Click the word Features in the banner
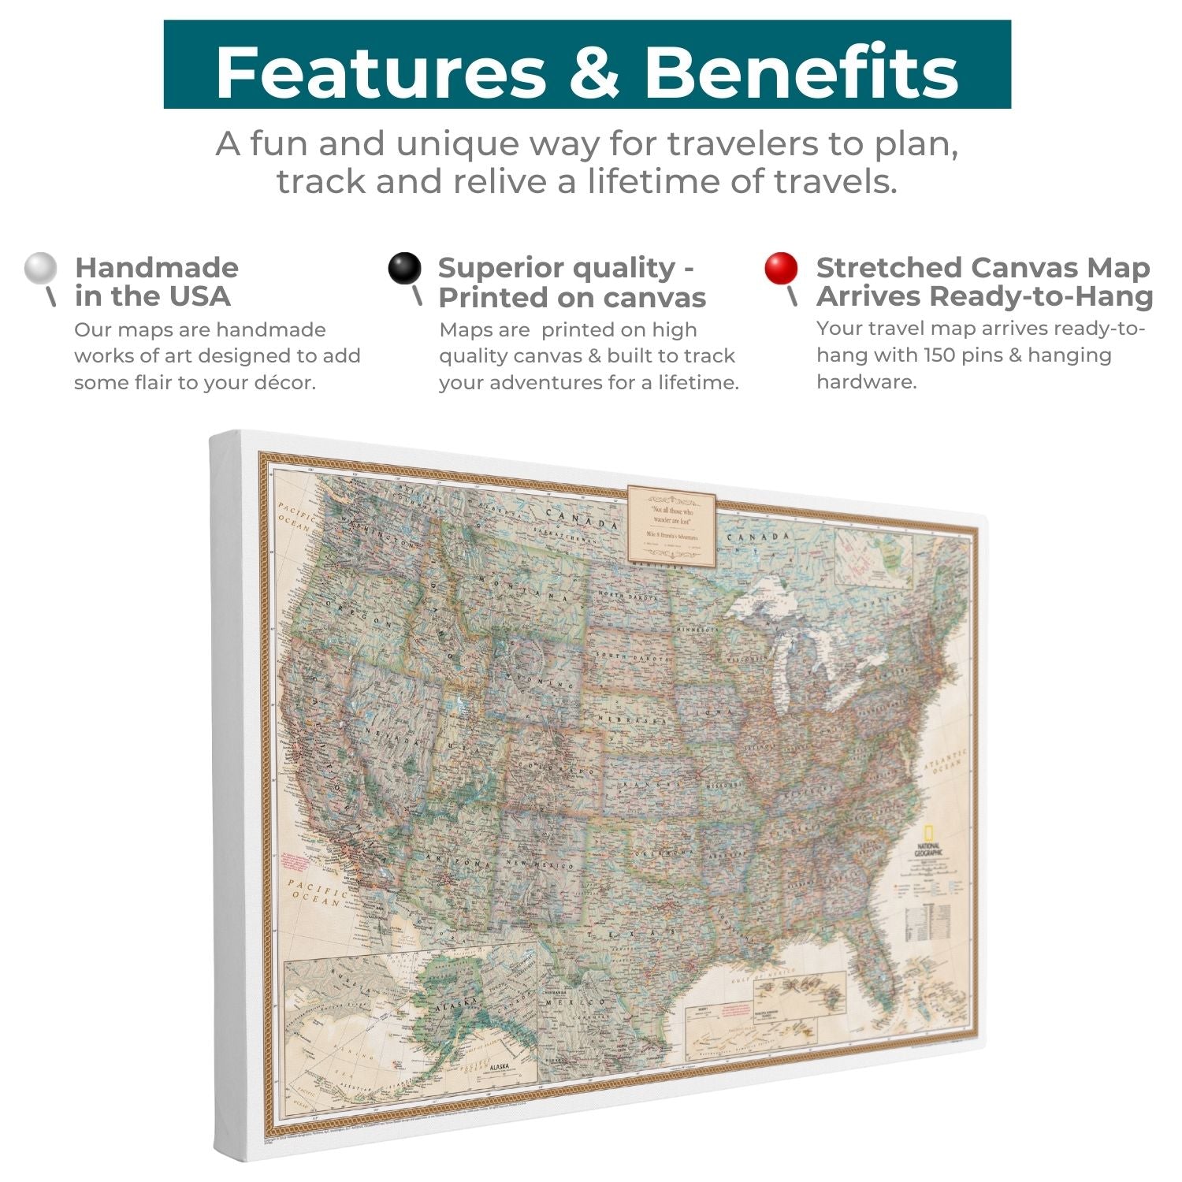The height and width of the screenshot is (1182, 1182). coord(380,72)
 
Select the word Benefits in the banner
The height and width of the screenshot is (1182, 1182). coord(801,72)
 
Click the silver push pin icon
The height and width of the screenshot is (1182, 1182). coord(41,269)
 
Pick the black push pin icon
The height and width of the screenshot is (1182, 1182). coord(405,269)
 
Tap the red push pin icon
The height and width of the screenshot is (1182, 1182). coord(781,269)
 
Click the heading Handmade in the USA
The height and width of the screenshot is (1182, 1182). coord(156,282)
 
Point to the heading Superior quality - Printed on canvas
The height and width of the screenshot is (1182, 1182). coord(571,282)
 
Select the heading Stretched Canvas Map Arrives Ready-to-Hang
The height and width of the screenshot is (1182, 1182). coord(983,282)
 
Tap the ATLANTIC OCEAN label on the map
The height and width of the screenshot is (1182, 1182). coord(946,763)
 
